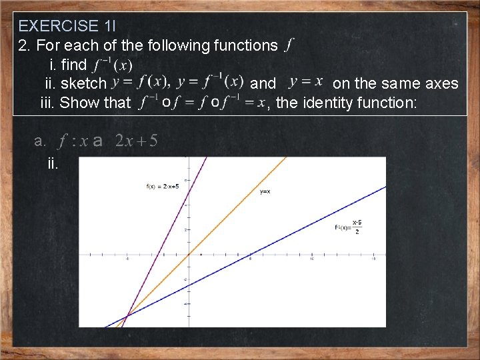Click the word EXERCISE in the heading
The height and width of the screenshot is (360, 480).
tap(58, 26)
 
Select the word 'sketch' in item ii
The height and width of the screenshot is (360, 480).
tap(83, 84)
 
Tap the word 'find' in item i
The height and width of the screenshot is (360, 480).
tap(74, 65)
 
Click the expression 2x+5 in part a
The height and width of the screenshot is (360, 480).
tap(136, 141)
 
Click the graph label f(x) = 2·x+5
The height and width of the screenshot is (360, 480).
tap(162, 186)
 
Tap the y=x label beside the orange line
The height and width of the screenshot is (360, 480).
tap(265, 192)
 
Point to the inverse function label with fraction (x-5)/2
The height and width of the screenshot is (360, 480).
tap(349, 227)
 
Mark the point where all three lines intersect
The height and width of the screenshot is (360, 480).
tap(127, 315)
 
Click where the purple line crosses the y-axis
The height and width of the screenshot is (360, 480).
tap(189, 192)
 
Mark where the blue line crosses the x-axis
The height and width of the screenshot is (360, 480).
tap(250, 254)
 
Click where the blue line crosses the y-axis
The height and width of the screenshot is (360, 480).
tap(189, 285)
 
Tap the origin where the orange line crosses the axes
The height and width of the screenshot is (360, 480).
tap(189, 254)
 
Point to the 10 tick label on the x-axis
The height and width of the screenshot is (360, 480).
tap(312, 259)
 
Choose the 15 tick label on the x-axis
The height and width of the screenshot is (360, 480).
tap(374, 259)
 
